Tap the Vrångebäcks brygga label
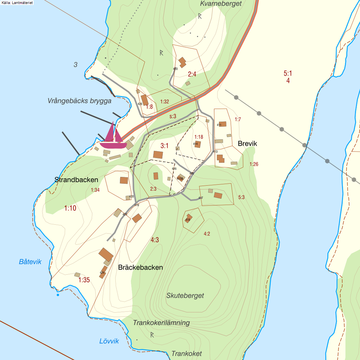pos(79,101)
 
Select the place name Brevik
pos(247,143)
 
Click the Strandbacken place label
pos(76,180)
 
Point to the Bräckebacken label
pos(140,267)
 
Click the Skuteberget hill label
pos(185,295)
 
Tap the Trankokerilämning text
pos(161,322)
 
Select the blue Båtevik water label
pos(30,262)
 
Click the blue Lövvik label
pos(109,341)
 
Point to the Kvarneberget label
pos(221,4)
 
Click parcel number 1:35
pos(84,280)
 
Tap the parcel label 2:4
pos(192,74)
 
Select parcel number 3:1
pos(165,145)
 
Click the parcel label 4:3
pos(155,240)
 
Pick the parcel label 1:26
pos(254,164)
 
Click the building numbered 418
pos(189,218)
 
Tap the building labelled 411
pos(222,124)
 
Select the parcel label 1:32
pos(165,102)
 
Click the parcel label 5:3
pos(241,197)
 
